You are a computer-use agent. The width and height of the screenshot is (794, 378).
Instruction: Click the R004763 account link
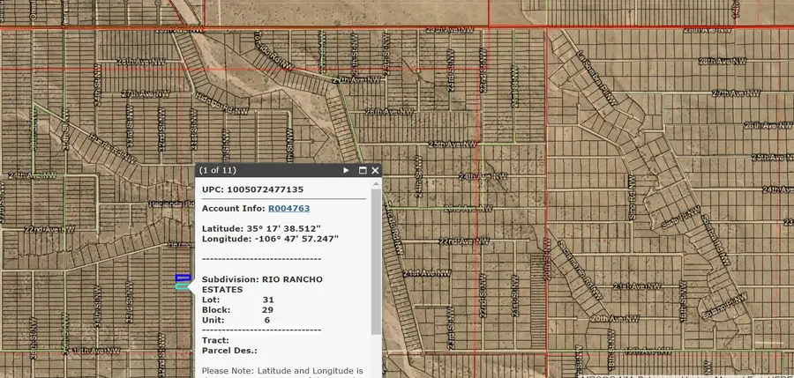point(288,209)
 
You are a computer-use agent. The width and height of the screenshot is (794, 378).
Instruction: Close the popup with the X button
point(375,170)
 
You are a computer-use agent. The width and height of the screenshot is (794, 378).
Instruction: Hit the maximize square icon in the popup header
point(362,170)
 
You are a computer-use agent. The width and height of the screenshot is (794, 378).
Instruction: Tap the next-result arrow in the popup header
point(347,170)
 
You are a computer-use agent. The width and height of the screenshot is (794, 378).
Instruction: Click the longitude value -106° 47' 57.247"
point(296,239)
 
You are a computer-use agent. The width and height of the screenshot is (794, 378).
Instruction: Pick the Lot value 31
point(268,300)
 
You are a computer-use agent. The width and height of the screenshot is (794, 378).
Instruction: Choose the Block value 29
point(268,309)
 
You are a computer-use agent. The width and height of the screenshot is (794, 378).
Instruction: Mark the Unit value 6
point(267,320)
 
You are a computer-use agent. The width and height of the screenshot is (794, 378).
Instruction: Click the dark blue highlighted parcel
point(183,278)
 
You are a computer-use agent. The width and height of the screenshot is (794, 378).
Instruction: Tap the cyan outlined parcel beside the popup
point(183,285)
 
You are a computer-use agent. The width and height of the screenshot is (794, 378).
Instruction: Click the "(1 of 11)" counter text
point(218,170)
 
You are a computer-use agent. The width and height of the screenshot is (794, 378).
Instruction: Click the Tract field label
point(214,340)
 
